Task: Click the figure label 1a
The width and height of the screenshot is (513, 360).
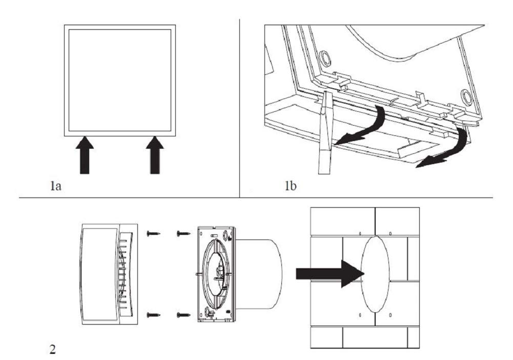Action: click(56, 186)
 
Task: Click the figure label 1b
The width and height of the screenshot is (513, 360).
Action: click(291, 186)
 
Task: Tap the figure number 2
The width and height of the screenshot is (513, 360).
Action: click(53, 350)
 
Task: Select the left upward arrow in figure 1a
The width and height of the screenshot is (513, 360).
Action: click(85, 155)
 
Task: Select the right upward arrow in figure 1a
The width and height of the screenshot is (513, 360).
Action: click(155, 155)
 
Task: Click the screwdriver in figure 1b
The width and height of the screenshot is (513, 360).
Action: click(325, 132)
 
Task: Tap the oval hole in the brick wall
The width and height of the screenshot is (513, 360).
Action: click(375, 274)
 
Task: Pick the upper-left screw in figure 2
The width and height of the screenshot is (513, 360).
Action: click(153, 233)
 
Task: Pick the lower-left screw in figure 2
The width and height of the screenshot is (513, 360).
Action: click(153, 315)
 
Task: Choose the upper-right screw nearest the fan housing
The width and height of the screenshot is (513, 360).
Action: click(183, 233)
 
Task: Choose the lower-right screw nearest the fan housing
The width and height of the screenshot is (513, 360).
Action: click(183, 315)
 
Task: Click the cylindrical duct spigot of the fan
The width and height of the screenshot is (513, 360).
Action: click(258, 274)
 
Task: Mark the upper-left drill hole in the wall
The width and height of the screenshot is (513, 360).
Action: click(360, 234)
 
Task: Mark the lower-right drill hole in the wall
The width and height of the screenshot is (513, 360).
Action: click(391, 315)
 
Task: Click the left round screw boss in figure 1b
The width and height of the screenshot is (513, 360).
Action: click(324, 58)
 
